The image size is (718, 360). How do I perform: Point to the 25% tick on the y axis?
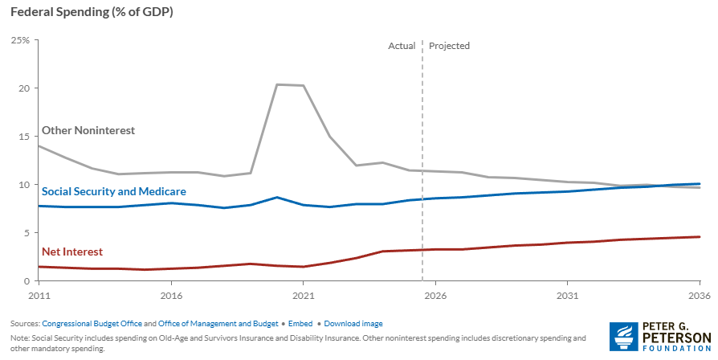pyautogui.click(x=20, y=40)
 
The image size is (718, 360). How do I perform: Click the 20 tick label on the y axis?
pyautogui.click(x=24, y=88)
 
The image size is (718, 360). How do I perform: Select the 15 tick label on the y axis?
pyautogui.click(x=24, y=137)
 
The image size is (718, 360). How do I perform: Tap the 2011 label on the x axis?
pyautogui.click(x=38, y=295)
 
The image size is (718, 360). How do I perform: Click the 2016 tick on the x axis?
pyautogui.click(x=170, y=295)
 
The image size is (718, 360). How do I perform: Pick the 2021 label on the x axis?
pyautogui.click(x=303, y=295)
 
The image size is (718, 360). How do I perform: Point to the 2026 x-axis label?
pyautogui.click(x=435, y=295)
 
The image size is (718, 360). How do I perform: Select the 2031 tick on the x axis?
pyautogui.click(x=567, y=295)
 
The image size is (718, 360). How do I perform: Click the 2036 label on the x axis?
pyautogui.click(x=699, y=295)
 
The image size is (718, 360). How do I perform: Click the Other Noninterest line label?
pyautogui.click(x=88, y=130)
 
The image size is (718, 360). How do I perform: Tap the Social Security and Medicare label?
pyautogui.click(x=114, y=192)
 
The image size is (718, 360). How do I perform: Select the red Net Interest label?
pyautogui.click(x=72, y=252)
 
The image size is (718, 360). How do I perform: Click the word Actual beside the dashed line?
pyautogui.click(x=402, y=46)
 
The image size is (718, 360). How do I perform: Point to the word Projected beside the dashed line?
pyautogui.click(x=449, y=46)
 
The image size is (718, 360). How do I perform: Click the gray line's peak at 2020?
pyautogui.click(x=277, y=84)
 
